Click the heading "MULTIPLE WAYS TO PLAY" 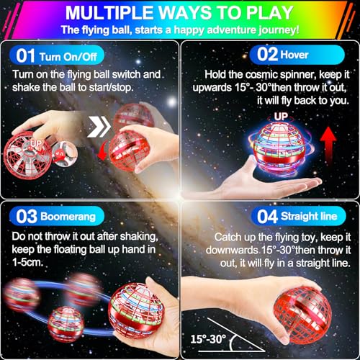(180, 12)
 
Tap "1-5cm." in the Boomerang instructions (27, 264)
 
